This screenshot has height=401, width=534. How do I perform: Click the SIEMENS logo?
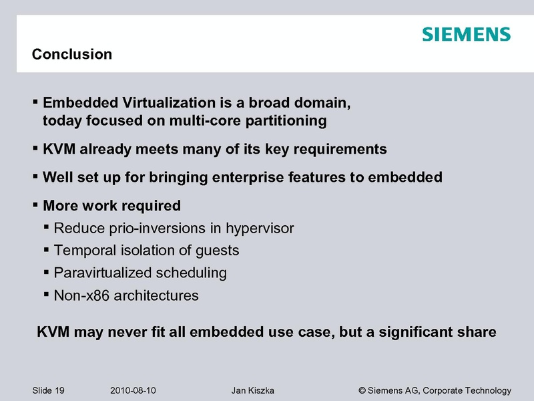click(x=466, y=34)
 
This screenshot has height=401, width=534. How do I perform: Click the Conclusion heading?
click(x=72, y=54)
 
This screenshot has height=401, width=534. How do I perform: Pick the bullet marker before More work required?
click(x=35, y=205)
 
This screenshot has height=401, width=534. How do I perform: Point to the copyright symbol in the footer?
click(x=362, y=390)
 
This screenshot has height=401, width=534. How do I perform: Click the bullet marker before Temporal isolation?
click(x=46, y=250)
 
